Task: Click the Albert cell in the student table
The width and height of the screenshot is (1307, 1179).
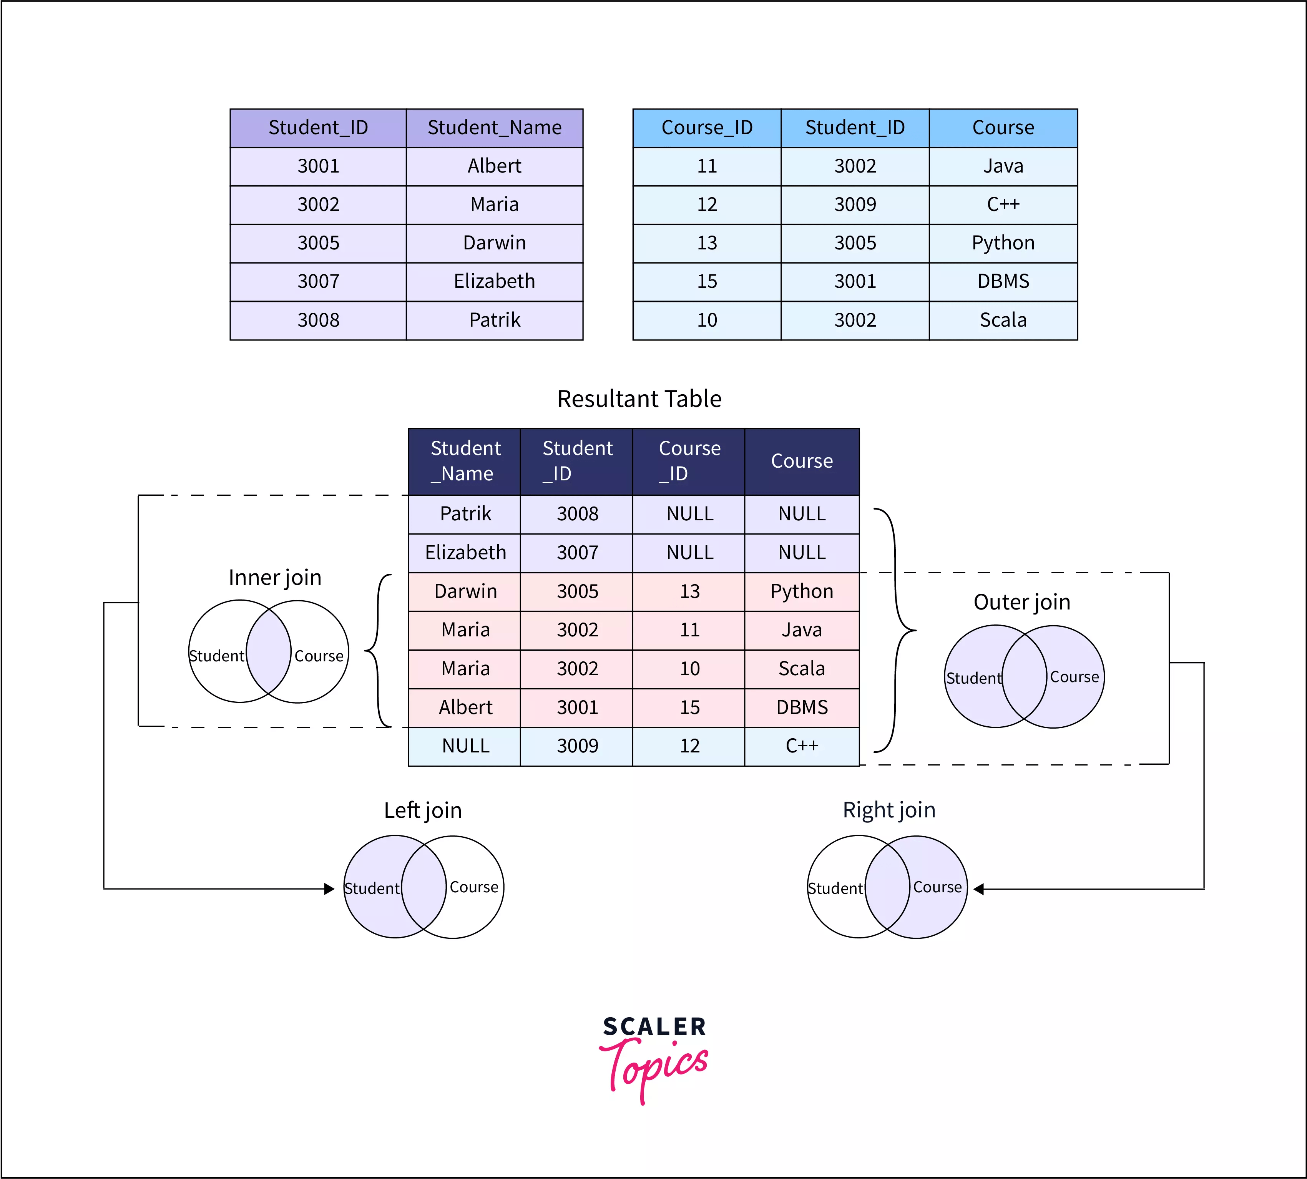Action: (494, 166)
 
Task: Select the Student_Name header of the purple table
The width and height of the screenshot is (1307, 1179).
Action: (494, 128)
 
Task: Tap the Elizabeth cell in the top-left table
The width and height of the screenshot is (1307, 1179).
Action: (494, 282)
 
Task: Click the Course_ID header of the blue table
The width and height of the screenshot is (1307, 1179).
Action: (707, 128)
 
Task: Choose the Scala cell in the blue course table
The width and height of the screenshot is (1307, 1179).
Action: (1003, 320)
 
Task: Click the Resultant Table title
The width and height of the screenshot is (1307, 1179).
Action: (639, 399)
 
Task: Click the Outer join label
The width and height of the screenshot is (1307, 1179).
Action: (1021, 602)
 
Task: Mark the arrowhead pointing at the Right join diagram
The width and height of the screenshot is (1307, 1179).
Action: (979, 889)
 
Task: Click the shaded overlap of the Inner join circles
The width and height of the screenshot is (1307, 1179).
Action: (269, 651)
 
